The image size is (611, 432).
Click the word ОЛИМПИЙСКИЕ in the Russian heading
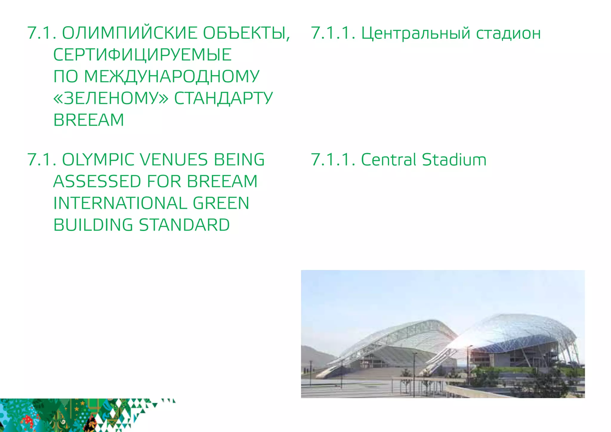[129, 33]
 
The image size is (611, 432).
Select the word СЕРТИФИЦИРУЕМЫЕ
[142, 55]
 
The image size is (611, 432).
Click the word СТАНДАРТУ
[223, 98]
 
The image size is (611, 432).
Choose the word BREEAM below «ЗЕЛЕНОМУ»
[89, 120]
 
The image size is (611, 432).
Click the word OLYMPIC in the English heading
[98, 160]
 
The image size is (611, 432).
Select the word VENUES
[174, 160]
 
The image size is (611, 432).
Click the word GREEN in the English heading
[221, 203]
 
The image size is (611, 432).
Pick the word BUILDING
[93, 225]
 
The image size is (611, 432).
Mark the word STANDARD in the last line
[184, 225]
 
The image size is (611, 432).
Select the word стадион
[508, 33]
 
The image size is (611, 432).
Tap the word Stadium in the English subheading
[454, 160]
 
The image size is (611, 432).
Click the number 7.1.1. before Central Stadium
[333, 160]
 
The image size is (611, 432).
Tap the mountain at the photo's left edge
[313, 355]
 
